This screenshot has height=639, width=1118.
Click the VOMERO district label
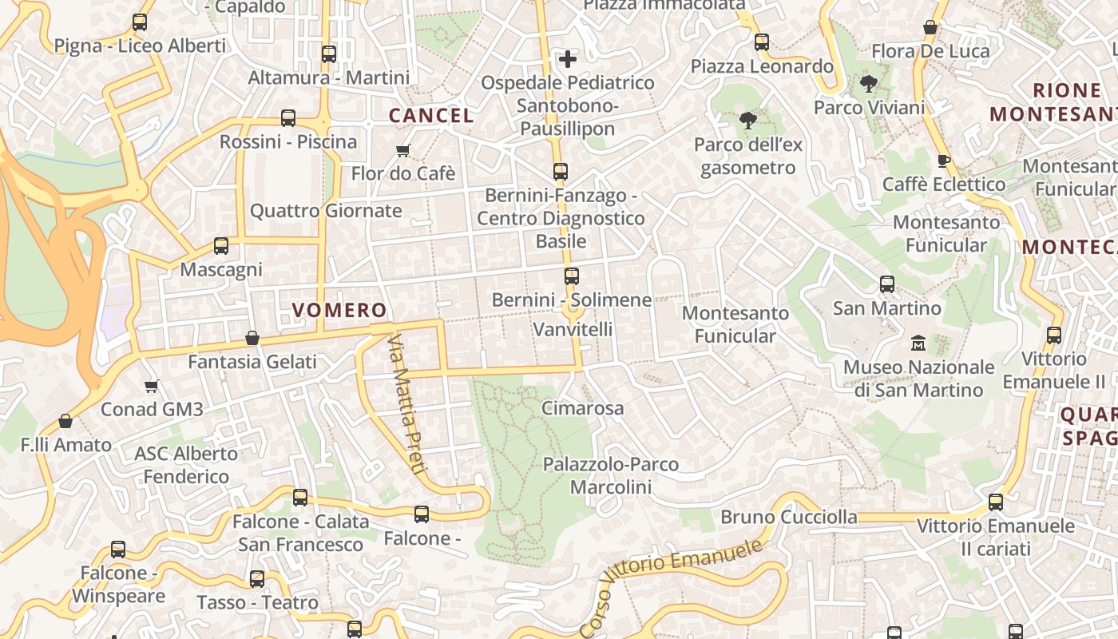339,310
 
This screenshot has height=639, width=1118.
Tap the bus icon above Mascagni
221,246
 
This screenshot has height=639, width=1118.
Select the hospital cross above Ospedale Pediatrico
567,59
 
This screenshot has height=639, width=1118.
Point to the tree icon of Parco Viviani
869,83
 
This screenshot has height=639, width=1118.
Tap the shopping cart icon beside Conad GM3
152,387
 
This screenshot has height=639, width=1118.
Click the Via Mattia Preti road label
405,403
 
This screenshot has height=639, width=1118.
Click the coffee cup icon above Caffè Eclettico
943,161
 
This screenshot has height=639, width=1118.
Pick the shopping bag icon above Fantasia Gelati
252,338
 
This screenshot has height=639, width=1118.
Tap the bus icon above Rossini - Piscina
288,119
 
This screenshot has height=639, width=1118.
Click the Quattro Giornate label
326,211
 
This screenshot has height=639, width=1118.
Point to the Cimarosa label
582,408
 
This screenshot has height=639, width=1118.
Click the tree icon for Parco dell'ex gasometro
747,121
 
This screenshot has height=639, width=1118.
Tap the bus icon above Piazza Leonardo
762,42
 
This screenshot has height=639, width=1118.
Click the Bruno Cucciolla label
788,517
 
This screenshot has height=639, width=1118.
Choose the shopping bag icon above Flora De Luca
930,28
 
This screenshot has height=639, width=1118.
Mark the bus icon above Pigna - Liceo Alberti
140,22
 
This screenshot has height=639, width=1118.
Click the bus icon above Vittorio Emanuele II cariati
995,502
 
